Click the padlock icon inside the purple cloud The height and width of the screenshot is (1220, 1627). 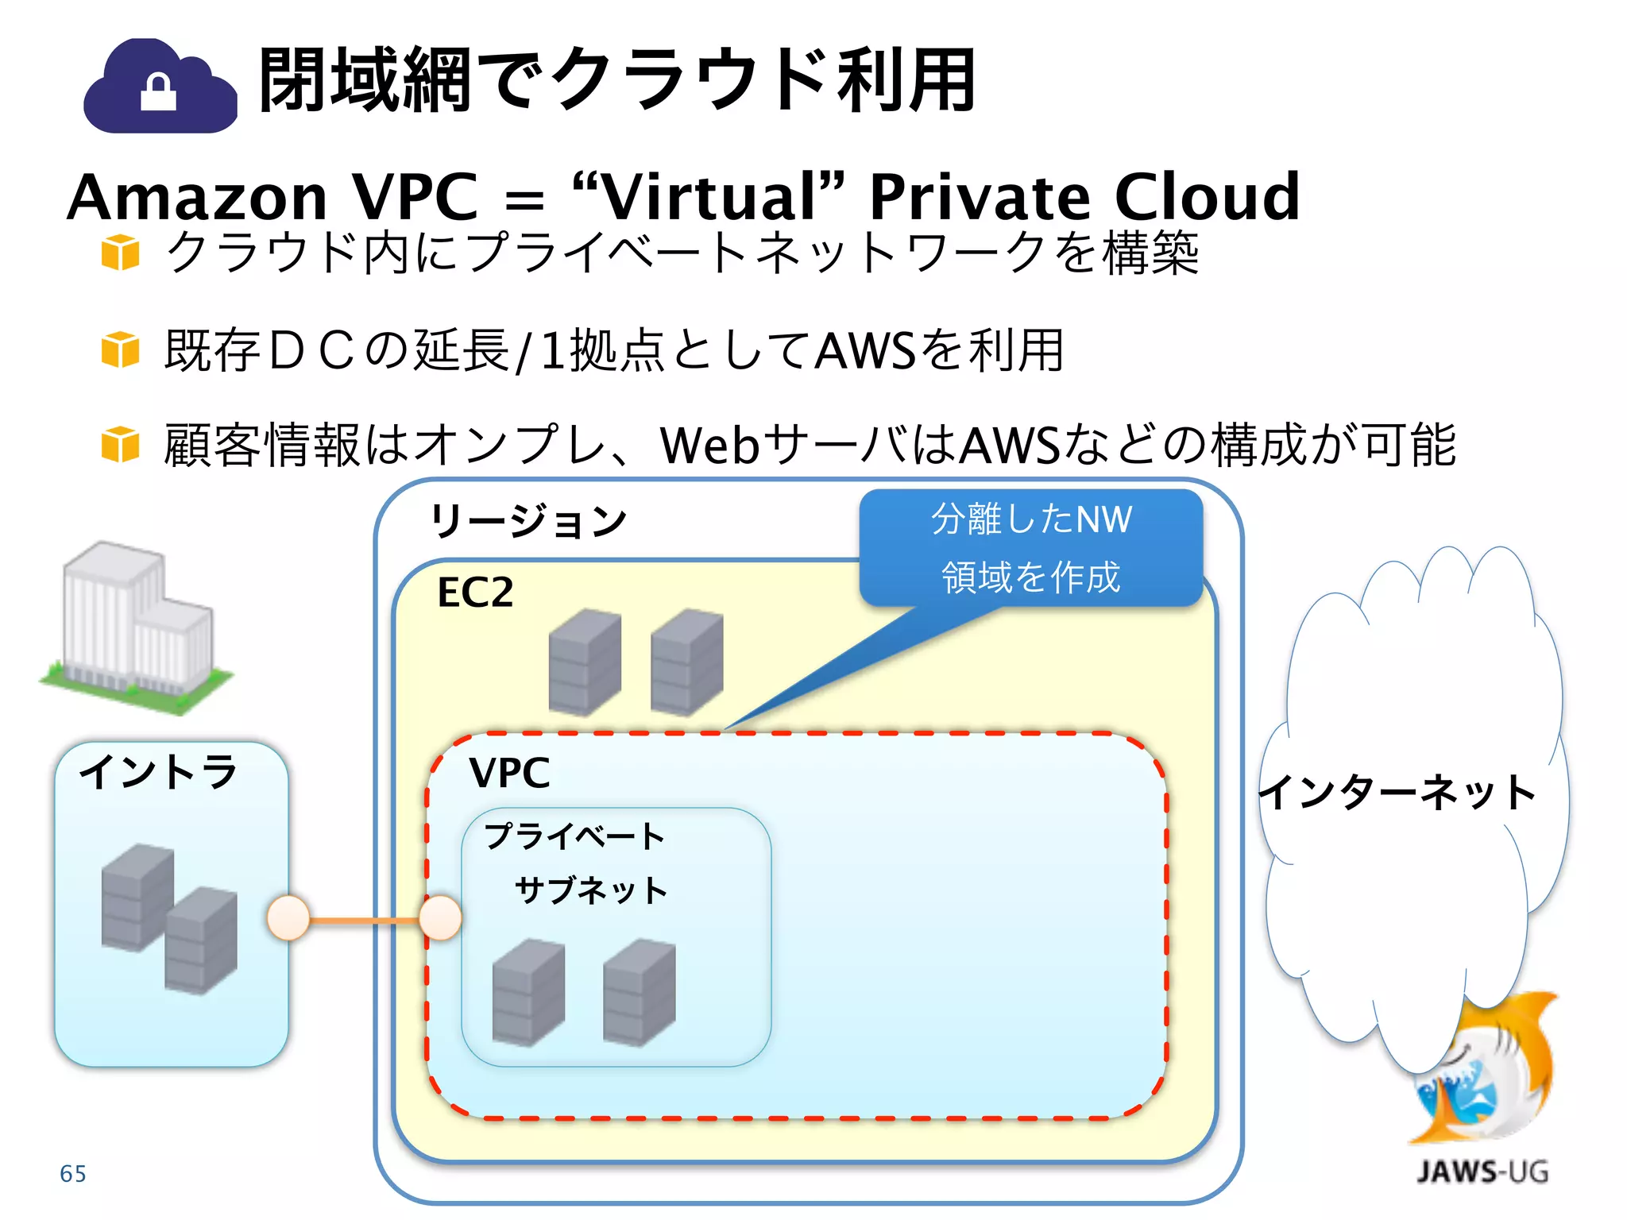pyautogui.click(x=158, y=92)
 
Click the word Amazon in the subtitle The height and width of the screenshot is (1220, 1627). pyautogui.click(x=197, y=197)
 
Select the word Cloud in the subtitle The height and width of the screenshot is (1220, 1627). pyautogui.click(x=1207, y=197)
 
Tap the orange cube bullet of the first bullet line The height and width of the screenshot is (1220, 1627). pyautogui.click(x=121, y=253)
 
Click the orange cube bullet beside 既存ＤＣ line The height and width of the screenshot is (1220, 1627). pyautogui.click(x=121, y=350)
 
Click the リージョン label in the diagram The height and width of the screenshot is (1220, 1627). pyautogui.click(x=528, y=522)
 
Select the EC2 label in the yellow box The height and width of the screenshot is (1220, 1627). pyautogui.click(x=475, y=593)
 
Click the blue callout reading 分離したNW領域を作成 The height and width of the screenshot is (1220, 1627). pyautogui.click(x=1030, y=548)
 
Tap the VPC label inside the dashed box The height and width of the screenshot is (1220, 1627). pyautogui.click(x=509, y=773)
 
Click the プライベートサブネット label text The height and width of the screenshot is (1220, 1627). pyautogui.click(x=576, y=863)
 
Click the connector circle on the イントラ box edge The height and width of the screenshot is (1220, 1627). pyautogui.click(x=288, y=919)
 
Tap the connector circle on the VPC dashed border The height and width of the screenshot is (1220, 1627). pyautogui.click(x=439, y=919)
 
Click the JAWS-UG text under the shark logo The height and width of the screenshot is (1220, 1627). pyautogui.click(x=1482, y=1172)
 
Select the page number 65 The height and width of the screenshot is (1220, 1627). pyautogui.click(x=73, y=1174)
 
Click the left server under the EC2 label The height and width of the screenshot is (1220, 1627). pyautogui.click(x=585, y=662)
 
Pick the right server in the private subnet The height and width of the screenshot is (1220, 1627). pyautogui.click(x=639, y=993)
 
